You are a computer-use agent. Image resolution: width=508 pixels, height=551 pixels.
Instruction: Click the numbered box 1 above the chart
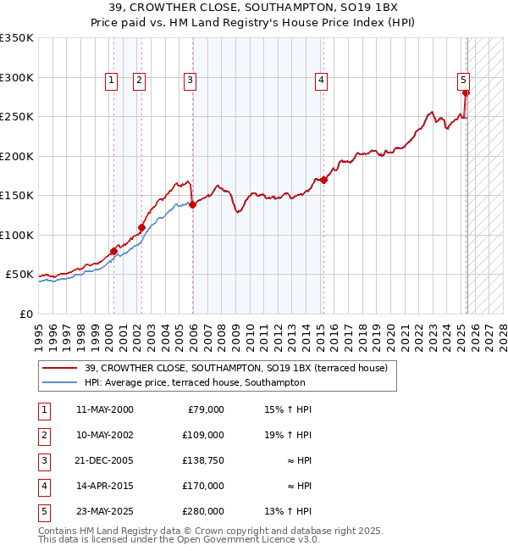pyautogui.click(x=112, y=81)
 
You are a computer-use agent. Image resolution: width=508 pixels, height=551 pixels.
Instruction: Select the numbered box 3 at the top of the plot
pyautogui.click(x=190, y=81)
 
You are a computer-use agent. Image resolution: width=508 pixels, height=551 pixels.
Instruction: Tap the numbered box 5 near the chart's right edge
pyautogui.click(x=464, y=81)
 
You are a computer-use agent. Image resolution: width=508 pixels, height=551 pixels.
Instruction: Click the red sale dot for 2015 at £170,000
pyautogui.click(x=323, y=180)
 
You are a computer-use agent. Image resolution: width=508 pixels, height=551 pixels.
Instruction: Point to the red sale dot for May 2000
pyautogui.click(x=113, y=251)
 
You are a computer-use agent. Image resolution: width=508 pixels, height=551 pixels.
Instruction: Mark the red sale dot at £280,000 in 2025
pyautogui.click(x=466, y=93)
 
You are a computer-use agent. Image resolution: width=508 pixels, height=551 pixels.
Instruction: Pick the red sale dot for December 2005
pyautogui.click(x=192, y=204)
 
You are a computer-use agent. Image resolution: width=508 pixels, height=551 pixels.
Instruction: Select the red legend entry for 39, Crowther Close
pyautogui.click(x=235, y=368)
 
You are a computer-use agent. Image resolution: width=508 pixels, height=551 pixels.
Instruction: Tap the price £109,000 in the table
pyautogui.click(x=203, y=434)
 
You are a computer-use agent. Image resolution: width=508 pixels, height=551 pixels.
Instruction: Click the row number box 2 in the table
pyautogui.click(x=44, y=434)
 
